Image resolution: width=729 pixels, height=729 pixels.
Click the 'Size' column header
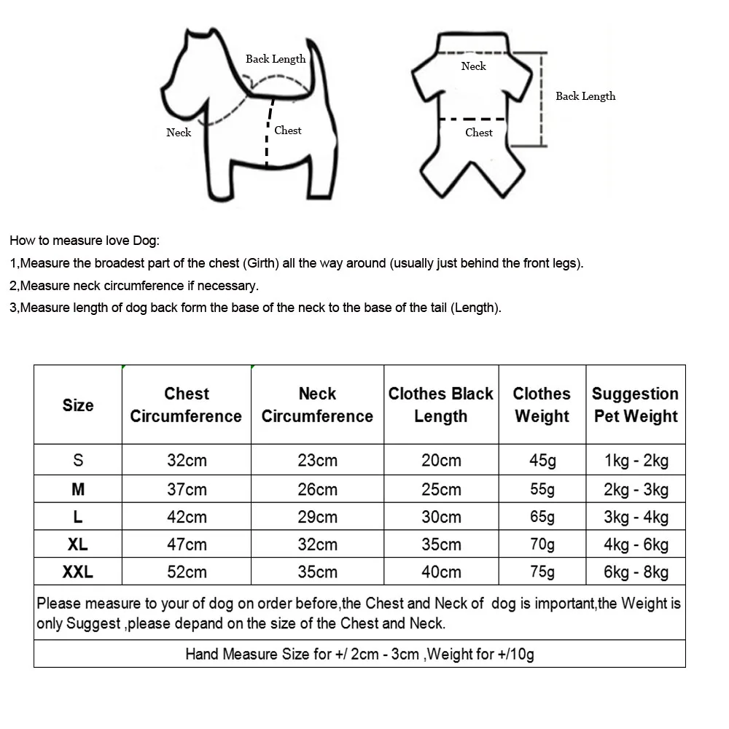78,405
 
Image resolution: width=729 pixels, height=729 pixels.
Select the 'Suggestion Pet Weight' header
635,405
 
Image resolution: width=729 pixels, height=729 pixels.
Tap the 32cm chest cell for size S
187,460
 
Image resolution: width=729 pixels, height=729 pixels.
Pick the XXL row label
78,572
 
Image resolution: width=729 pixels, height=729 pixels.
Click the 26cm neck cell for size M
317,489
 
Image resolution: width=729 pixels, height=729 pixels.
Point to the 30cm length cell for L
441,517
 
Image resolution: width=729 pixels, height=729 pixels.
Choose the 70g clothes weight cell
542,545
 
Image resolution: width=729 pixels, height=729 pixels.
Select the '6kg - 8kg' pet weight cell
636,572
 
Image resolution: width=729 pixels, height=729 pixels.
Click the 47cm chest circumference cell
187,545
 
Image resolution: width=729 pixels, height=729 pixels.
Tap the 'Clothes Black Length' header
440,405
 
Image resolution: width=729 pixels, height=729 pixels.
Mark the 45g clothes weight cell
542,460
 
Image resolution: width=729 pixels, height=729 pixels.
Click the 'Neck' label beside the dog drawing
179,133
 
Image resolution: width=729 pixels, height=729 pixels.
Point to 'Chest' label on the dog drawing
288,130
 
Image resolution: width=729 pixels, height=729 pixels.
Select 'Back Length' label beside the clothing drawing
585,96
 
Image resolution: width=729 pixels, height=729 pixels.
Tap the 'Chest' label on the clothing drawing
479,133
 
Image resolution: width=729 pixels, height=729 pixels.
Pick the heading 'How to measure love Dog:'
85,241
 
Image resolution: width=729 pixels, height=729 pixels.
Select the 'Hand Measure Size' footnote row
359,654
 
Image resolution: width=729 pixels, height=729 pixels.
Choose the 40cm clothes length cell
441,572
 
